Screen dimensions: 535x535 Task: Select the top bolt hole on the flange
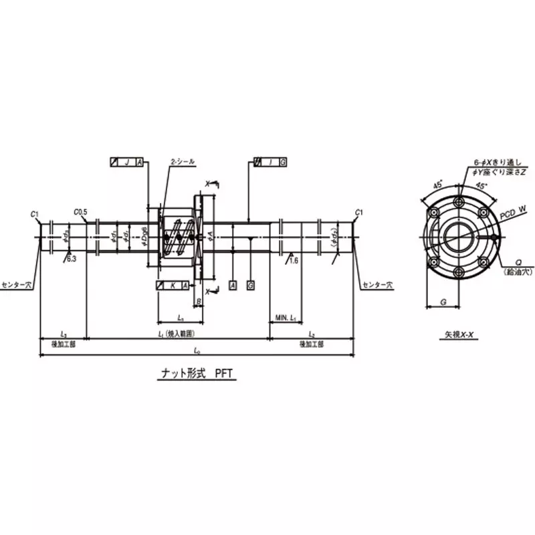(458, 203)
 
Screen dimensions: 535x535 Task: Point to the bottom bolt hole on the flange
(458, 272)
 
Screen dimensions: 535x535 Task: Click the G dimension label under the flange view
(443, 302)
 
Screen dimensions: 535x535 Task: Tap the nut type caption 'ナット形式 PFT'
(194, 376)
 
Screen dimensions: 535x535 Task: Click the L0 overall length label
(197, 350)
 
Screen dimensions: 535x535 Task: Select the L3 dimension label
(63, 332)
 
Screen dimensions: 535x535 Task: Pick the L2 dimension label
(312, 332)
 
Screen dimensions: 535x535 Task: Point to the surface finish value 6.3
(71, 259)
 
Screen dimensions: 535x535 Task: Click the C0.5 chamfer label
(81, 212)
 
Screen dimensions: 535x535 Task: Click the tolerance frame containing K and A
(171, 286)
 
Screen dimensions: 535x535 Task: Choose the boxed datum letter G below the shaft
(250, 286)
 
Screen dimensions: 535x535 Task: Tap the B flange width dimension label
(199, 302)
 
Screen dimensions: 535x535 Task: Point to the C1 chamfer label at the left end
(35, 213)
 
